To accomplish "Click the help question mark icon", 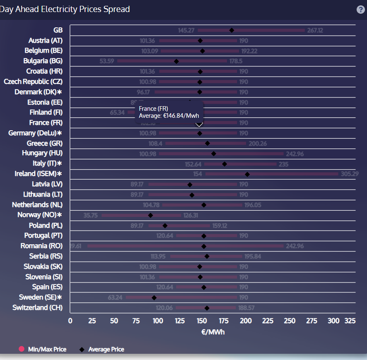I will (x=361, y=10).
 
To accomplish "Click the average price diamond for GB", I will (x=232, y=30).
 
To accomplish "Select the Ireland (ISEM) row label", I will (x=38, y=174).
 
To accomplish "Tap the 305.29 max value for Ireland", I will (x=350, y=174).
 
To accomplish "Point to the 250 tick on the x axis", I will (x=290, y=321).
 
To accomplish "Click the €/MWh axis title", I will (x=212, y=332).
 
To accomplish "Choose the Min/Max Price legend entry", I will (x=43, y=349).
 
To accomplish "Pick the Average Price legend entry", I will (x=102, y=349).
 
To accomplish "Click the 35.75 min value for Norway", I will (x=91, y=215).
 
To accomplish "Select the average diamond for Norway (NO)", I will (x=151, y=215).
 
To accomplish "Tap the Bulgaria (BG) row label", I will (x=43, y=61).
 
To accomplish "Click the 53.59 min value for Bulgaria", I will (x=107, y=61).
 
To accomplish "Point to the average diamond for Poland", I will (x=165, y=226).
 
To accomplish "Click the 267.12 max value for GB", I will (x=315, y=30).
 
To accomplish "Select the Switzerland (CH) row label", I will (x=38, y=307).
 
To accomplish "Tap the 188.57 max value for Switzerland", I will (x=246, y=308).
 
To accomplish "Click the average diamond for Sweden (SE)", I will (x=154, y=297).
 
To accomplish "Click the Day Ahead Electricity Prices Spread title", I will (x=65, y=9).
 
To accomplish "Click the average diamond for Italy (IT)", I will (x=225, y=164).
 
